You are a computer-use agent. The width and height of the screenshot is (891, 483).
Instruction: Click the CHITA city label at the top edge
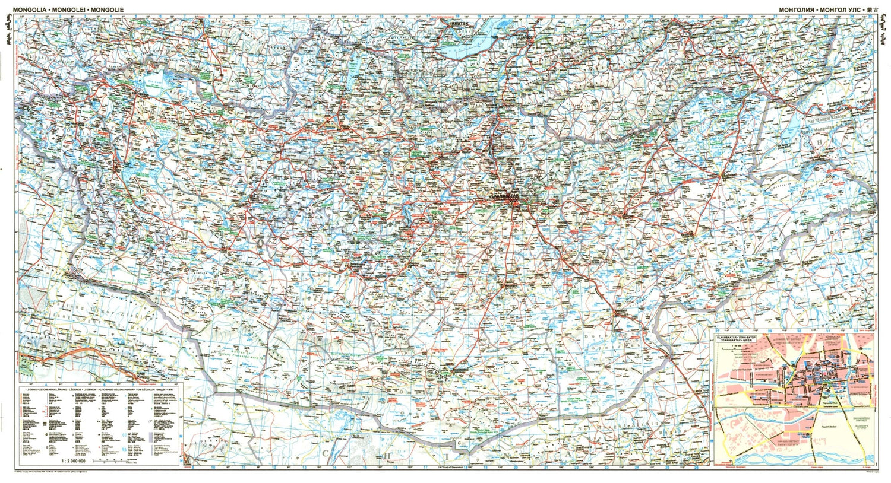pos(666,19)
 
